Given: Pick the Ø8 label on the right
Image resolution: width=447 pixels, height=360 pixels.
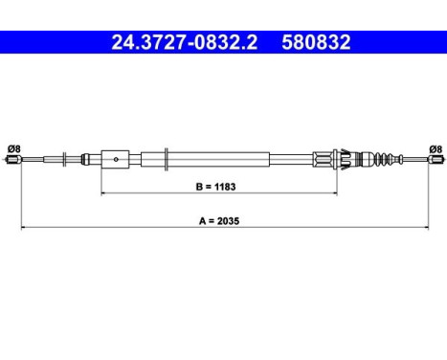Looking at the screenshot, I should (x=435, y=148).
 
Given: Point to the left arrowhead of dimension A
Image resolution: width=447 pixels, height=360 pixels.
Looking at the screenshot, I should (x=24, y=228).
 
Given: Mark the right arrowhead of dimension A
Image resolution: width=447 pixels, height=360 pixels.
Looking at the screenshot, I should (x=425, y=228).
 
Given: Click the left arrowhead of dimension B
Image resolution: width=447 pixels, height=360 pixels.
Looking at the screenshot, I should (x=103, y=192).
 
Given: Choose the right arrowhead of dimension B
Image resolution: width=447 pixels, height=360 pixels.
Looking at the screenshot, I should (x=335, y=192).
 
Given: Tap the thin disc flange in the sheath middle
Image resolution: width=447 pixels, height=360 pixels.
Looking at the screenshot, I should (x=168, y=159).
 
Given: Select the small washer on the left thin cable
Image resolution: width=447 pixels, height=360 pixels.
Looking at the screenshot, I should (x=62, y=160).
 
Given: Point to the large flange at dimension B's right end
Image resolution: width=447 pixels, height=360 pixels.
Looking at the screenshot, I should (x=338, y=159).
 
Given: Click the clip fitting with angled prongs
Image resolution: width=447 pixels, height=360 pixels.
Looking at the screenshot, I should (x=325, y=159).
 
